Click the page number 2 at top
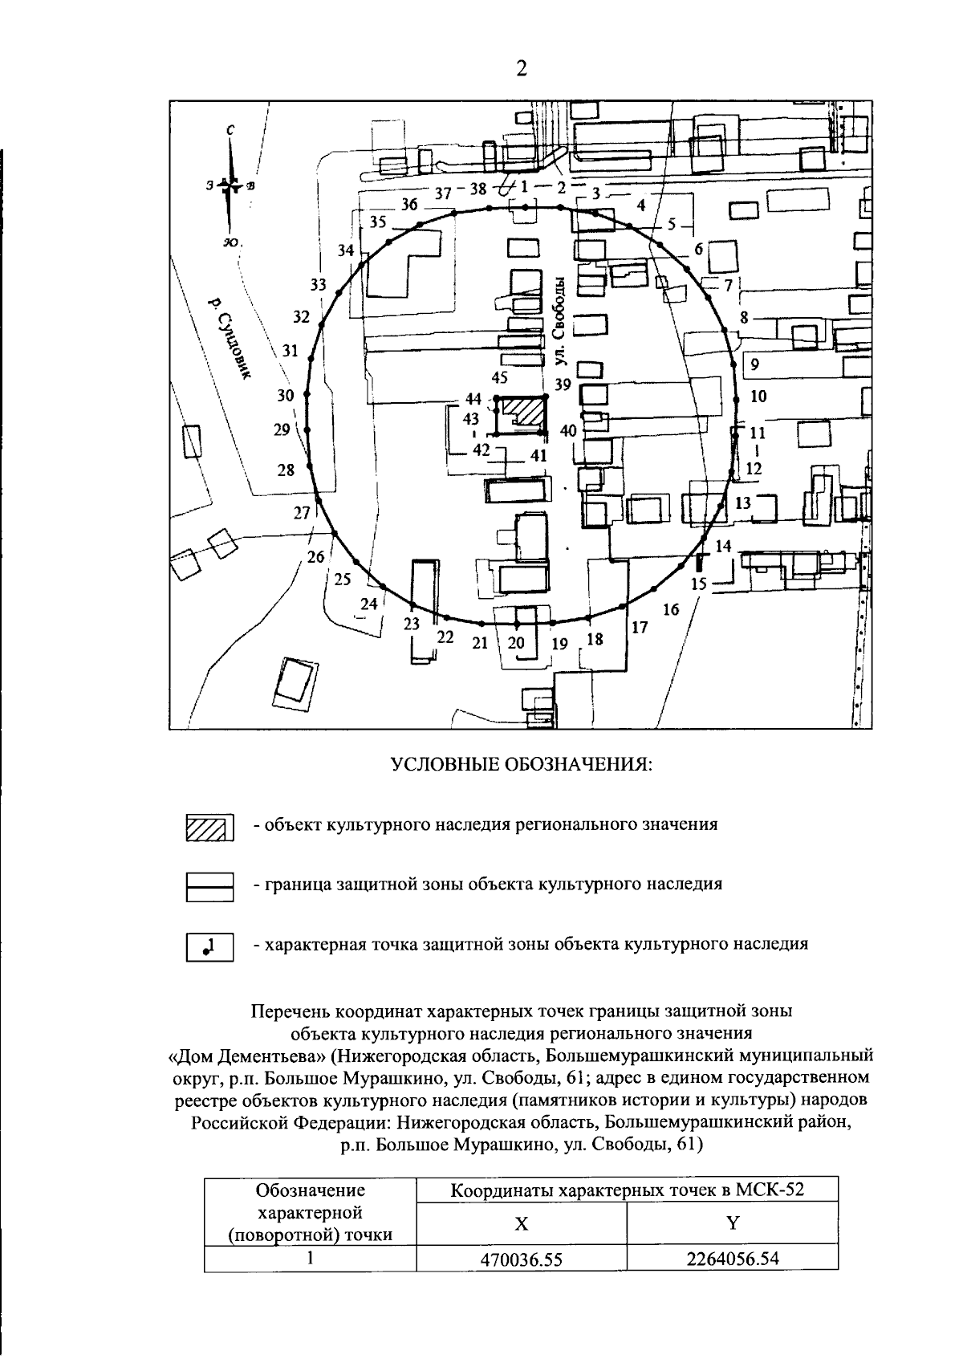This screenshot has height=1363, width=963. (x=521, y=69)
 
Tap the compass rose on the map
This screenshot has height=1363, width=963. (x=230, y=186)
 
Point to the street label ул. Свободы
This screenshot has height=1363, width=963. (x=562, y=321)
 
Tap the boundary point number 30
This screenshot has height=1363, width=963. (x=306, y=396)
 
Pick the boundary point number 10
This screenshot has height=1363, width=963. (x=737, y=398)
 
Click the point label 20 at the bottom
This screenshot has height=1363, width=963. (x=516, y=642)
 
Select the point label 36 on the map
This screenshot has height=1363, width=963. (x=409, y=204)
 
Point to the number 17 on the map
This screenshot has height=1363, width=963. (x=639, y=628)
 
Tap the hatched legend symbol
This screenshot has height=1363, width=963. (x=209, y=827)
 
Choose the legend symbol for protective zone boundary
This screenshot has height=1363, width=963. (x=209, y=886)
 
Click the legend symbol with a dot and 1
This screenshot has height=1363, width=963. (x=209, y=946)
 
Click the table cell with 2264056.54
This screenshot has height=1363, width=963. (x=732, y=1259)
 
